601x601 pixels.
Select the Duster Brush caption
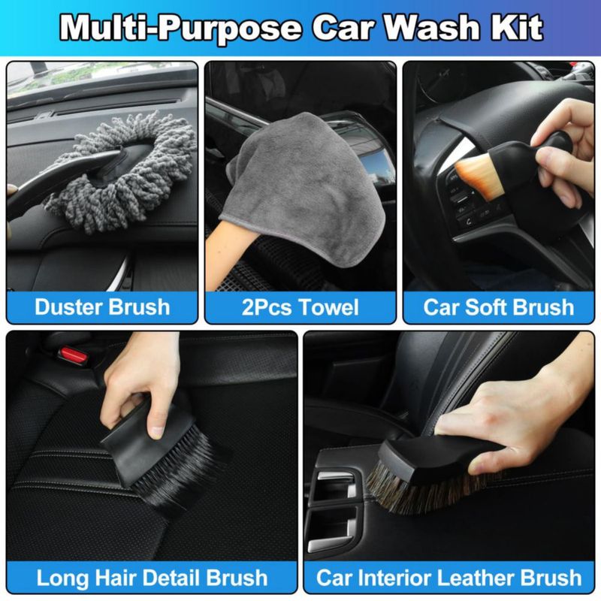pyautogui.click(x=102, y=307)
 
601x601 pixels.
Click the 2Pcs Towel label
pyautogui.click(x=300, y=307)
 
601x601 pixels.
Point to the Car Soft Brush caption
pyautogui.click(x=499, y=307)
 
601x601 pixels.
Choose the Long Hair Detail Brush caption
pyautogui.click(x=152, y=578)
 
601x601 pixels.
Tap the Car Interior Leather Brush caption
pyautogui.click(x=448, y=578)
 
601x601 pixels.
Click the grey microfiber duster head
pyautogui.click(x=122, y=173)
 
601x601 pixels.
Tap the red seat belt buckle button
pyautogui.click(x=73, y=355)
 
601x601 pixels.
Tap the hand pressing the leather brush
pyautogui.click(x=518, y=414)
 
